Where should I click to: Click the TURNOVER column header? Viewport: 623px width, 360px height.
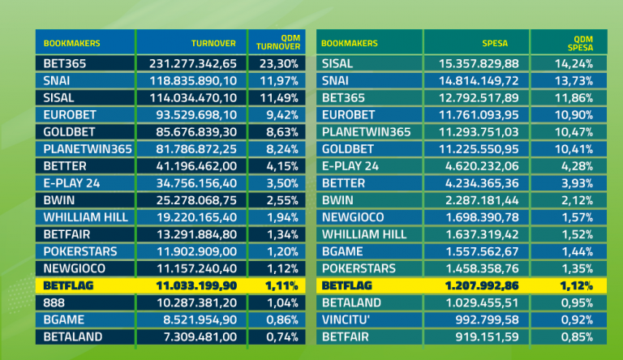point(213,42)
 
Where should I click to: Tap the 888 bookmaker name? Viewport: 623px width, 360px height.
point(54,302)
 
